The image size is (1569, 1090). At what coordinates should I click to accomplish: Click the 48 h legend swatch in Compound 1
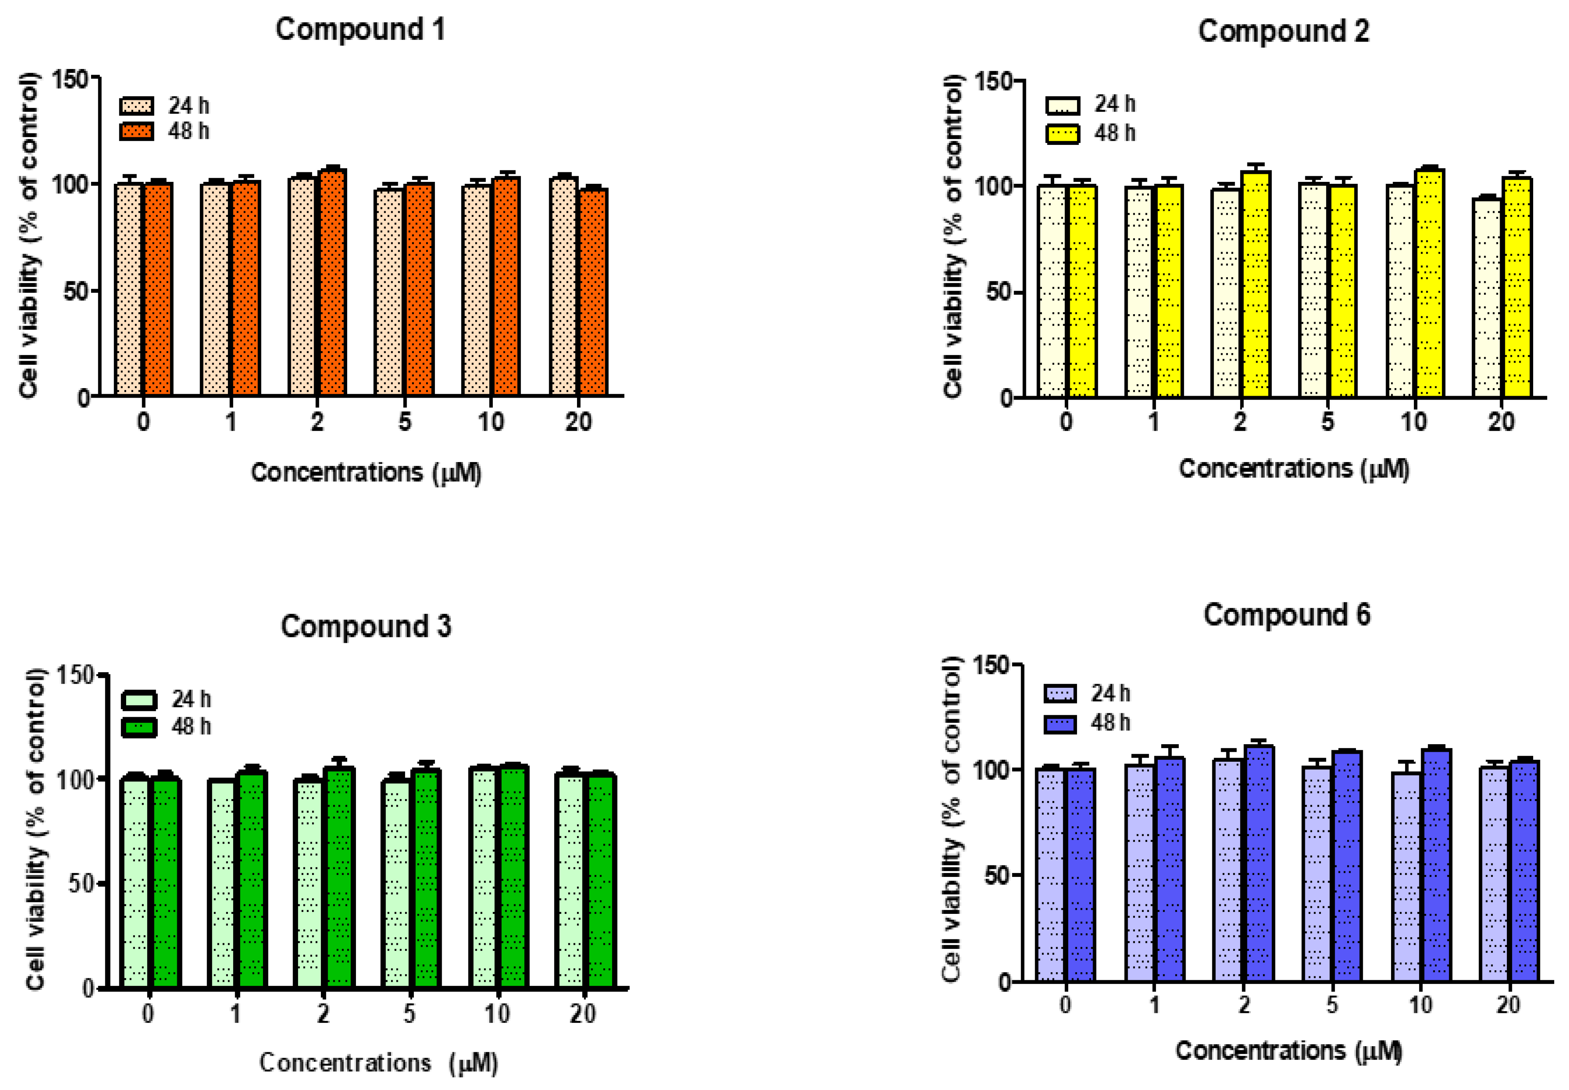[136, 131]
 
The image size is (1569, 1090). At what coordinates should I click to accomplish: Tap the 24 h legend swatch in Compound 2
[1063, 105]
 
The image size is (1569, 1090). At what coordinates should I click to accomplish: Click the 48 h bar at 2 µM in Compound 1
[332, 283]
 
